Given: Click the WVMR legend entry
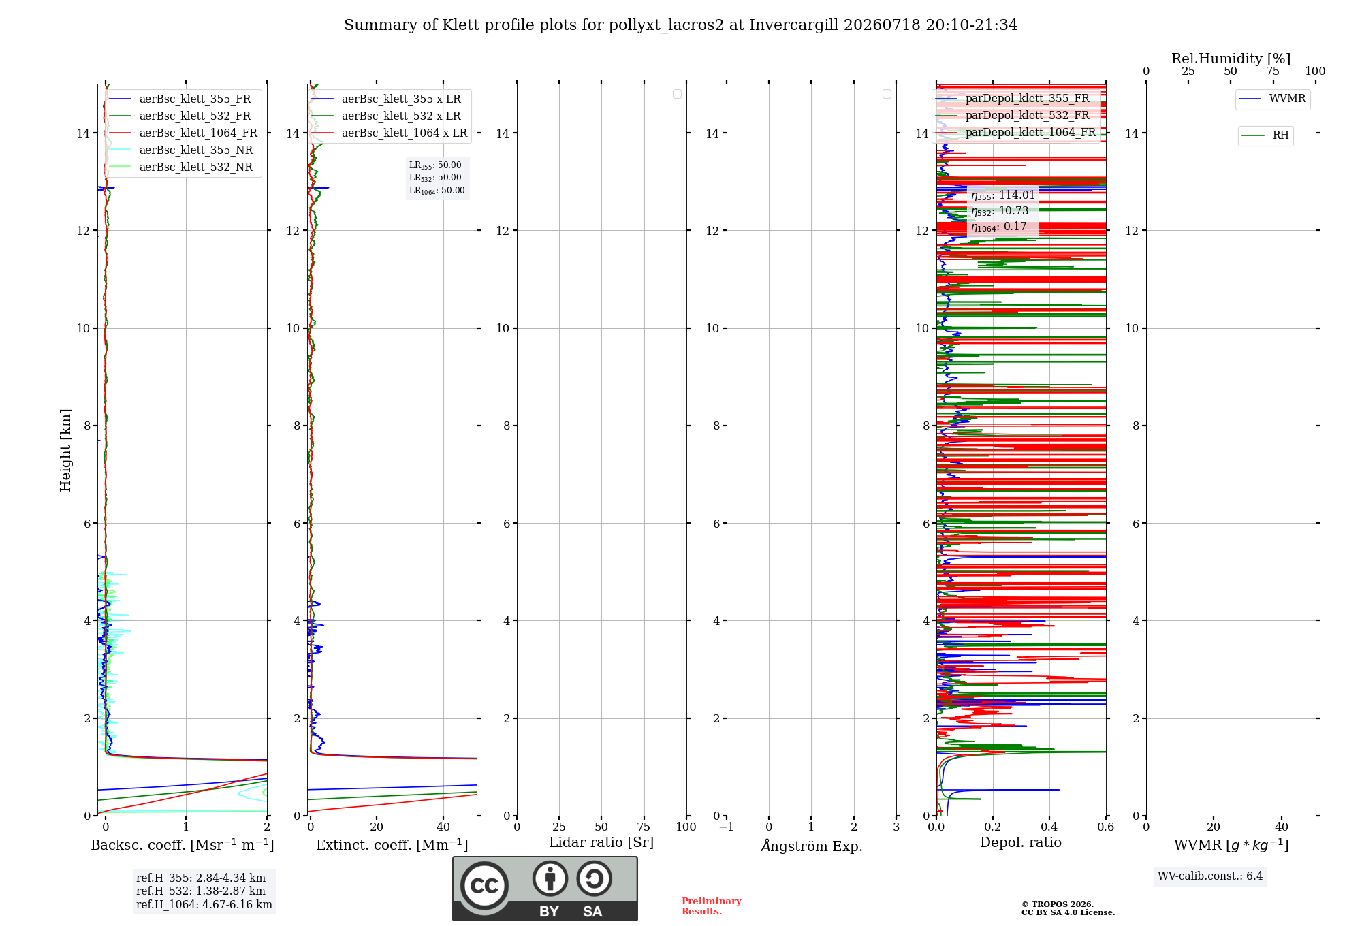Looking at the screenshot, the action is tap(1273, 99).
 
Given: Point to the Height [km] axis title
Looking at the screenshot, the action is tap(65, 450).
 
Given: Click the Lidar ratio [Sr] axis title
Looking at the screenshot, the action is tap(601, 842).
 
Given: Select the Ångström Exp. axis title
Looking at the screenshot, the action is tap(812, 846).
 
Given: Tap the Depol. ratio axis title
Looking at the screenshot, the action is tap(1021, 842).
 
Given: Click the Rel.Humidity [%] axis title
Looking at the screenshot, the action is tap(1231, 59).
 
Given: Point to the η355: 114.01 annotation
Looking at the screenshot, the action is tap(1003, 195).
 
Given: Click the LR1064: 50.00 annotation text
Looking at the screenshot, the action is tap(437, 191).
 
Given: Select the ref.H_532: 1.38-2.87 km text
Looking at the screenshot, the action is tap(201, 891).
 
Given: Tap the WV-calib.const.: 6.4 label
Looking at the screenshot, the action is tap(1210, 876).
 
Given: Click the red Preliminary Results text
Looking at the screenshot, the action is tap(712, 906).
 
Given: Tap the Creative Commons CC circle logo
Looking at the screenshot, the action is tap(484, 886).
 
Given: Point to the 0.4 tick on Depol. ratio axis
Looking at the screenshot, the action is tap(1049, 827).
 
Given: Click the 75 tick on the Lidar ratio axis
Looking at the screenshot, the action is tap(644, 827).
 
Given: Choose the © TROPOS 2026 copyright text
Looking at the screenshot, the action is tap(1058, 904).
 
